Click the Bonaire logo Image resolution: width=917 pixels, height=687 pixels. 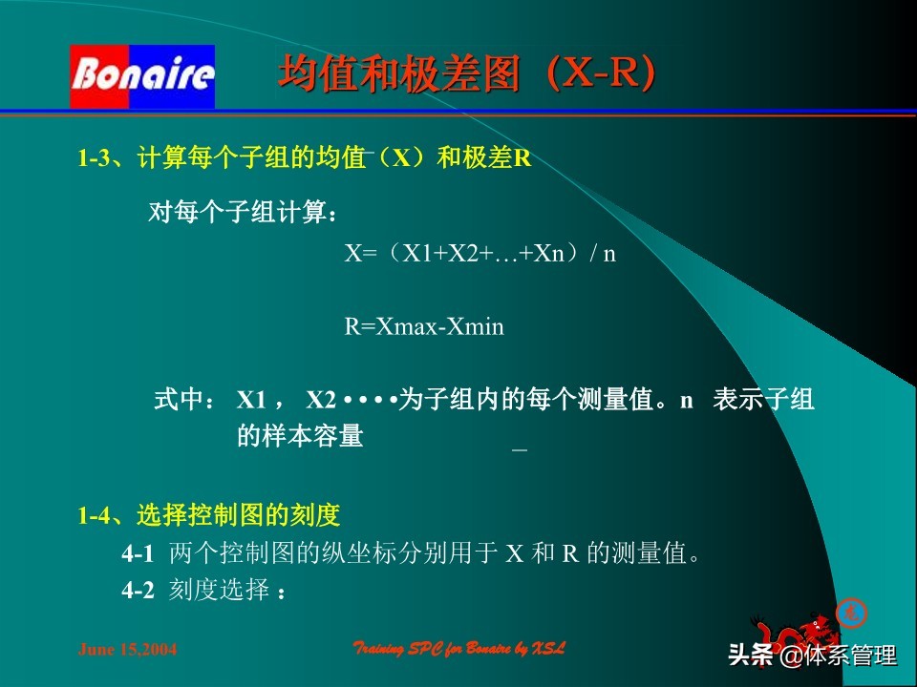[x=142, y=75]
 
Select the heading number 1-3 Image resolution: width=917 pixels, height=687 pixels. [x=95, y=159]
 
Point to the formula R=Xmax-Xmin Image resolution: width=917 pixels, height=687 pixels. [x=424, y=327]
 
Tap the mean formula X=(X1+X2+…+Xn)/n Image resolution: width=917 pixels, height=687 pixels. [x=480, y=254]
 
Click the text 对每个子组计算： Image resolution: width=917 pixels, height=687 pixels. [x=243, y=212]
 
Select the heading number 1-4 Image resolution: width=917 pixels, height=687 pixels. [x=95, y=517]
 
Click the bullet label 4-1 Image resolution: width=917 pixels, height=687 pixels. [x=138, y=553]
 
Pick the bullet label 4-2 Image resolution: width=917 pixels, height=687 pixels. [x=138, y=591]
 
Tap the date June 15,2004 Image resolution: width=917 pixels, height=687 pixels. [x=126, y=651]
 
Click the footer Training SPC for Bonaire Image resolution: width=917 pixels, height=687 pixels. [x=459, y=649]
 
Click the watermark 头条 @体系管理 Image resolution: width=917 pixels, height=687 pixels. [x=812, y=656]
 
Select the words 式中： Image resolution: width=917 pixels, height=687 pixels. [x=185, y=400]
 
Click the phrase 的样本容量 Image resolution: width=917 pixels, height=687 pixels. [x=300, y=437]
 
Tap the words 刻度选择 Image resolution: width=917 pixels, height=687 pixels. [x=219, y=591]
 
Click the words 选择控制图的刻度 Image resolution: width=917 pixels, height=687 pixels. [x=239, y=517]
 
